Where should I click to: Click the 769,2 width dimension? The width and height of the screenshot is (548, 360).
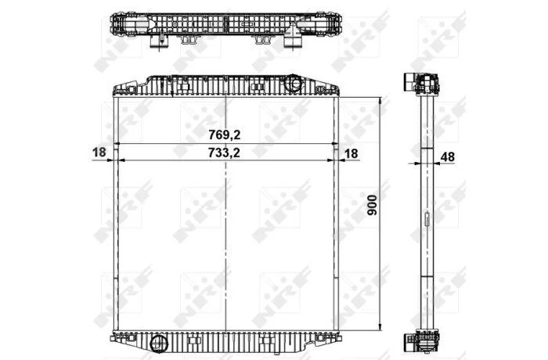pos(225,135)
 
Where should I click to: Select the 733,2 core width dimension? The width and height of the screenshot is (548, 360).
pos(224,153)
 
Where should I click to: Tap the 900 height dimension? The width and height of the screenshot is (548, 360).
pos(373,205)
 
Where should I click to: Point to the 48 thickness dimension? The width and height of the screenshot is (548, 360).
pos(447,157)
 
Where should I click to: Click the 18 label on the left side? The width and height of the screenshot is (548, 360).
pos(99,153)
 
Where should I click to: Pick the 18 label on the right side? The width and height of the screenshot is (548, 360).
pos(352,153)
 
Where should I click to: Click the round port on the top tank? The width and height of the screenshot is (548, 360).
pos(293,83)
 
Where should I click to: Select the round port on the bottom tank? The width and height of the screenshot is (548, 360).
pos(159,344)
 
